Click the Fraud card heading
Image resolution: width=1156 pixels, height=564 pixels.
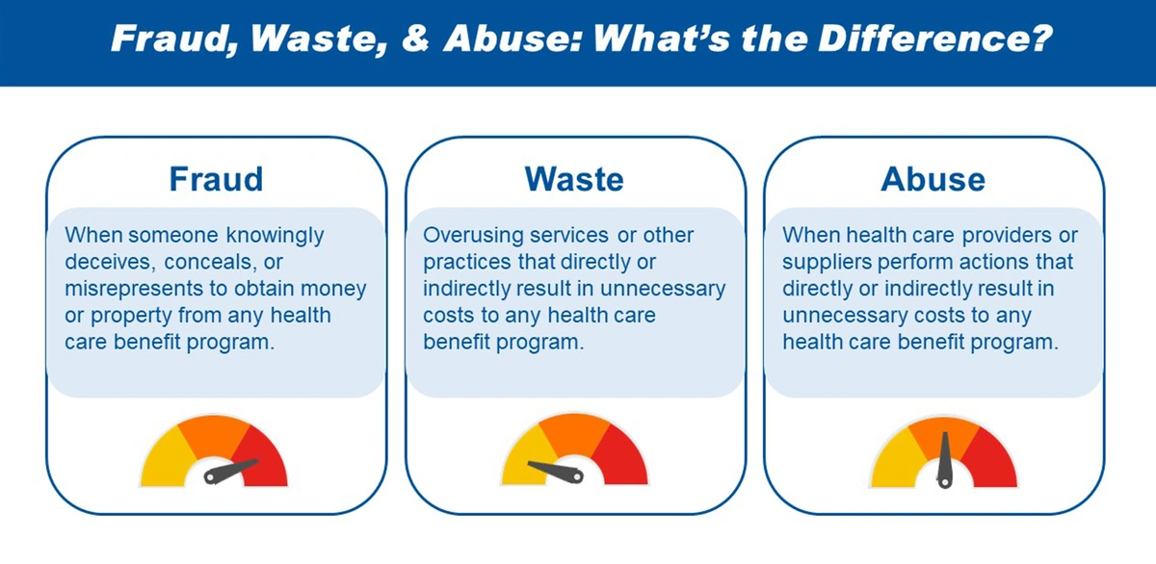(x=216, y=179)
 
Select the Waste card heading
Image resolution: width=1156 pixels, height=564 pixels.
(x=574, y=179)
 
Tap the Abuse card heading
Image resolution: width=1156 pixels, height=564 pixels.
(x=933, y=179)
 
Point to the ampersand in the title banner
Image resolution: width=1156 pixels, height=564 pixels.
(x=416, y=38)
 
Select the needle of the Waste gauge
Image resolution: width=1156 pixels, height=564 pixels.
(x=556, y=472)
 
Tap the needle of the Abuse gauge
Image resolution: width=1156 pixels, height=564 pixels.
(x=945, y=460)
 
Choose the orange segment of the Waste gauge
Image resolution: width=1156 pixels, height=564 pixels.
(x=574, y=432)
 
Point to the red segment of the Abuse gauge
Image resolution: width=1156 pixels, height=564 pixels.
(x=992, y=460)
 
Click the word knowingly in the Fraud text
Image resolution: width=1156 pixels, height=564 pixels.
(x=276, y=236)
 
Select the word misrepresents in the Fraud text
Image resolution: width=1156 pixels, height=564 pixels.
(x=133, y=289)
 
